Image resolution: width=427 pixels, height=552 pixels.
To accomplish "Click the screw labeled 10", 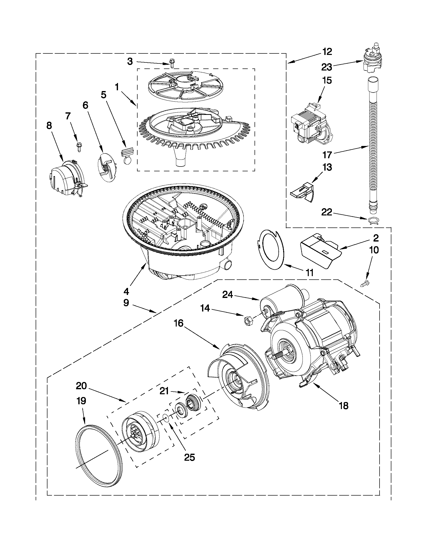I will click(364, 284).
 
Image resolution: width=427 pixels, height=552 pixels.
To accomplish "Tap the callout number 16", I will click(178, 324).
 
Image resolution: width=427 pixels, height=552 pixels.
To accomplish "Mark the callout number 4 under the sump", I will click(126, 292).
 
